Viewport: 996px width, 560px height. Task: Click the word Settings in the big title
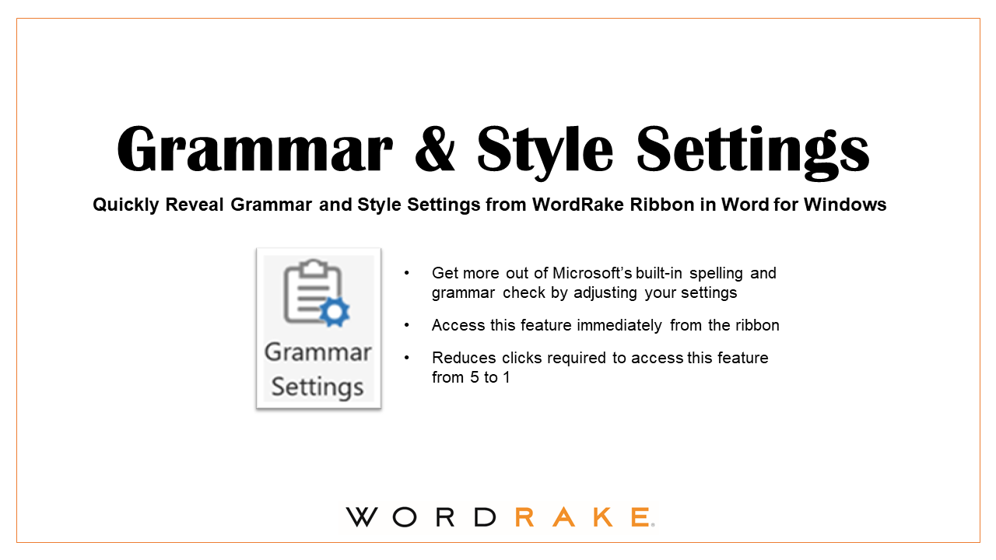pyautogui.click(x=753, y=149)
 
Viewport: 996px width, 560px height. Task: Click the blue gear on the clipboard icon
pyautogui.click(x=335, y=312)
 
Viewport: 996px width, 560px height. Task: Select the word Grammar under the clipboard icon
pyautogui.click(x=317, y=353)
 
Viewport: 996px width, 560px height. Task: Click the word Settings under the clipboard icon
pyautogui.click(x=317, y=387)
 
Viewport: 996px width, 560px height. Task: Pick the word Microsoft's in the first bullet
pyautogui.click(x=593, y=273)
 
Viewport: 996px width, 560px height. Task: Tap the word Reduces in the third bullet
pyautogui.click(x=458, y=358)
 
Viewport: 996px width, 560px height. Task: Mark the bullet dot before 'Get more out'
pyautogui.click(x=406, y=274)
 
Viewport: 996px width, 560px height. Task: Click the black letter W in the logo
pyautogui.click(x=362, y=517)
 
